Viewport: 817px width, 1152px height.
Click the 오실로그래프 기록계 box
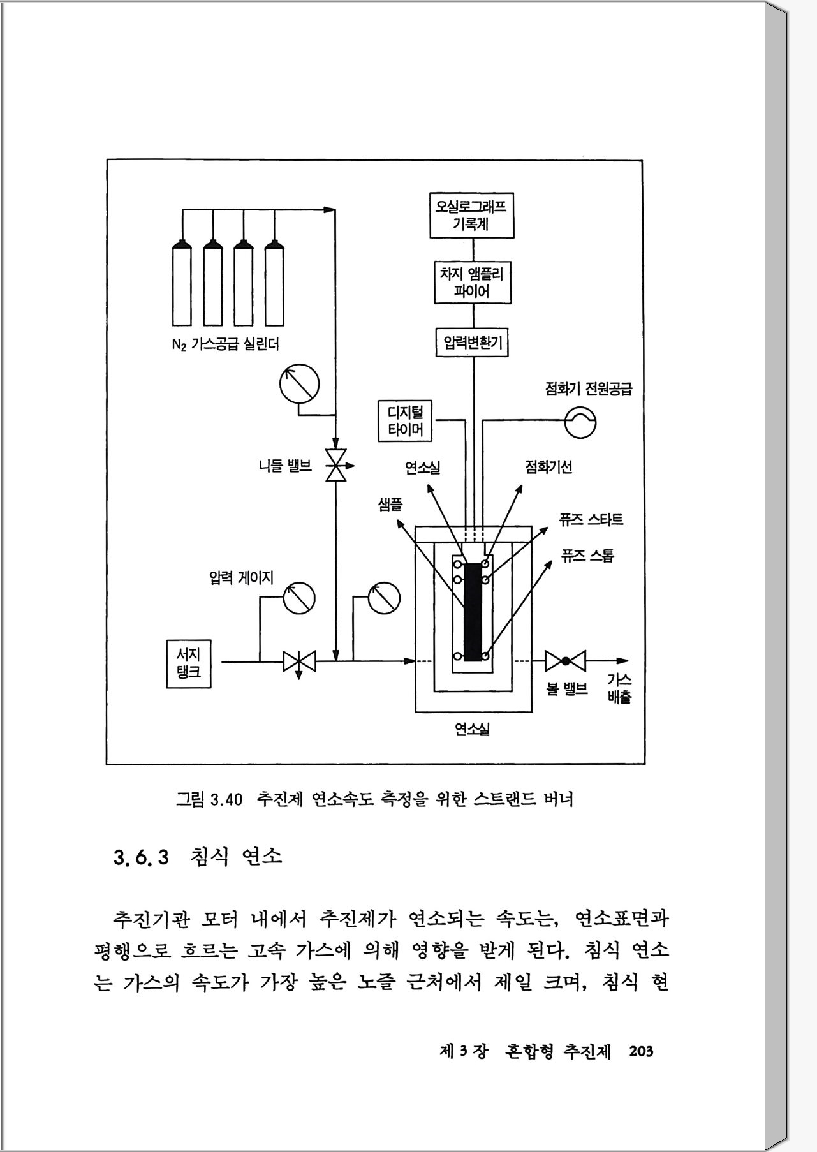coord(471,216)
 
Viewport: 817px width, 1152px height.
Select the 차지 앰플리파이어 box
coord(473,283)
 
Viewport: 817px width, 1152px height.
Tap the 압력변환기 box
coord(473,343)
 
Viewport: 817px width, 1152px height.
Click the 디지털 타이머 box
coord(405,421)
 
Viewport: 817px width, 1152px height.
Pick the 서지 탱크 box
coord(189,663)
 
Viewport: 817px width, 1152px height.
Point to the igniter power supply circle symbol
coord(580,422)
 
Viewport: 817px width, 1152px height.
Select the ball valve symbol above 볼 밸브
coord(565,661)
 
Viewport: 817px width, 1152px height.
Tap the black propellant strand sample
coord(473,611)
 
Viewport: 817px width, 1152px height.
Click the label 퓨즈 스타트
coord(591,519)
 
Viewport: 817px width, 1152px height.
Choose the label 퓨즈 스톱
coord(587,556)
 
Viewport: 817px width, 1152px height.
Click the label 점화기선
coord(548,467)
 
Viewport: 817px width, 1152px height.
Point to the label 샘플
coord(390,505)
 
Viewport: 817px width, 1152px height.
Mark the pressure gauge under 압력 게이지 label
coord(298,598)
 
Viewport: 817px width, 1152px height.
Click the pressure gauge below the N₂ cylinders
coord(299,384)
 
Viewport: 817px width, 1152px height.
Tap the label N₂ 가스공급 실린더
coord(225,344)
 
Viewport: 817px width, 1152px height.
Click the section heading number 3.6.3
coord(141,856)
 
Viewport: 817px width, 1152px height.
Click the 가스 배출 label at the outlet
coord(619,688)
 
